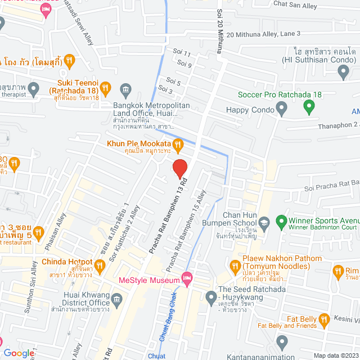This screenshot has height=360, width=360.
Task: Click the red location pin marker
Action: coord(179,168)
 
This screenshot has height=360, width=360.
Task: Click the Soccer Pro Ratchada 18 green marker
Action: coord(308,106)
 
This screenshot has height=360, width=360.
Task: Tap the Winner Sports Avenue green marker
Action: coord(281,220)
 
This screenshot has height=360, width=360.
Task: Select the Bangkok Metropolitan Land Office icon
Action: coord(125,89)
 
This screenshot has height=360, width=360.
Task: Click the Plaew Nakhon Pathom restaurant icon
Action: coord(236,264)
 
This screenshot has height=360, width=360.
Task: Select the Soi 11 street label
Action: coord(183,54)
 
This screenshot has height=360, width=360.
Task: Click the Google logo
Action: coord(19,353)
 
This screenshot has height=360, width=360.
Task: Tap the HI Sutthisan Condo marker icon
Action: coord(344,70)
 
